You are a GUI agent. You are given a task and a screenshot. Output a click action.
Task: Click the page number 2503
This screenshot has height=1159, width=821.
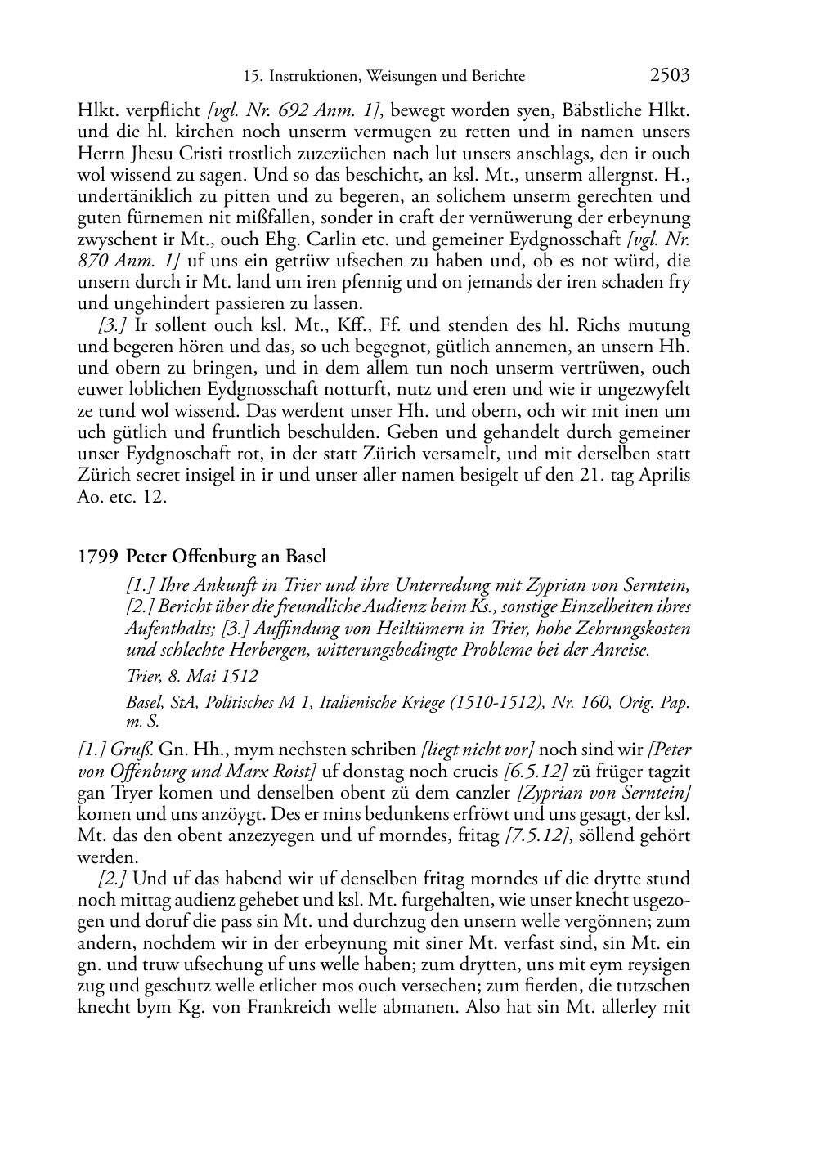coord(670,75)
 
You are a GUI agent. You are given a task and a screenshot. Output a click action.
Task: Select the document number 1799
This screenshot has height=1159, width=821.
coord(98,557)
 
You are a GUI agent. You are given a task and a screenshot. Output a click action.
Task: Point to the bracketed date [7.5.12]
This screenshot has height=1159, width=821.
coord(555,835)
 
